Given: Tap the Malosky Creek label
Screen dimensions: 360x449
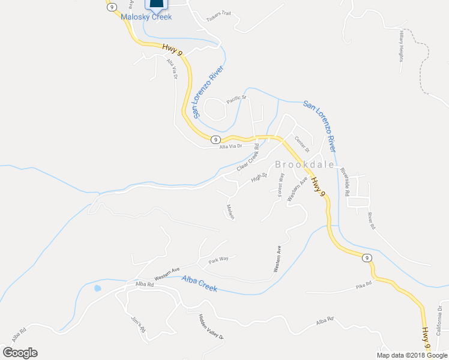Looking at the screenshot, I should pos(146,17).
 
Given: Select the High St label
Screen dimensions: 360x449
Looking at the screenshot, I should pos(259,178).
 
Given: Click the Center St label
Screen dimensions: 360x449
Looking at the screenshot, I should pos(301,145).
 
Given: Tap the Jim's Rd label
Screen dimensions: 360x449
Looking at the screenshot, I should pos(139,326).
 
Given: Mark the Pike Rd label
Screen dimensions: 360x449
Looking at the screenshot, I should pos(364,286).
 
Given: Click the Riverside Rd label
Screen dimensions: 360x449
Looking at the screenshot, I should pos(345,179).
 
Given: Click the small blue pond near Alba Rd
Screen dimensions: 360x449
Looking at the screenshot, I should pos(97,288).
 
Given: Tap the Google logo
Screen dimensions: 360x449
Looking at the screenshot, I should pos(20,353).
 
